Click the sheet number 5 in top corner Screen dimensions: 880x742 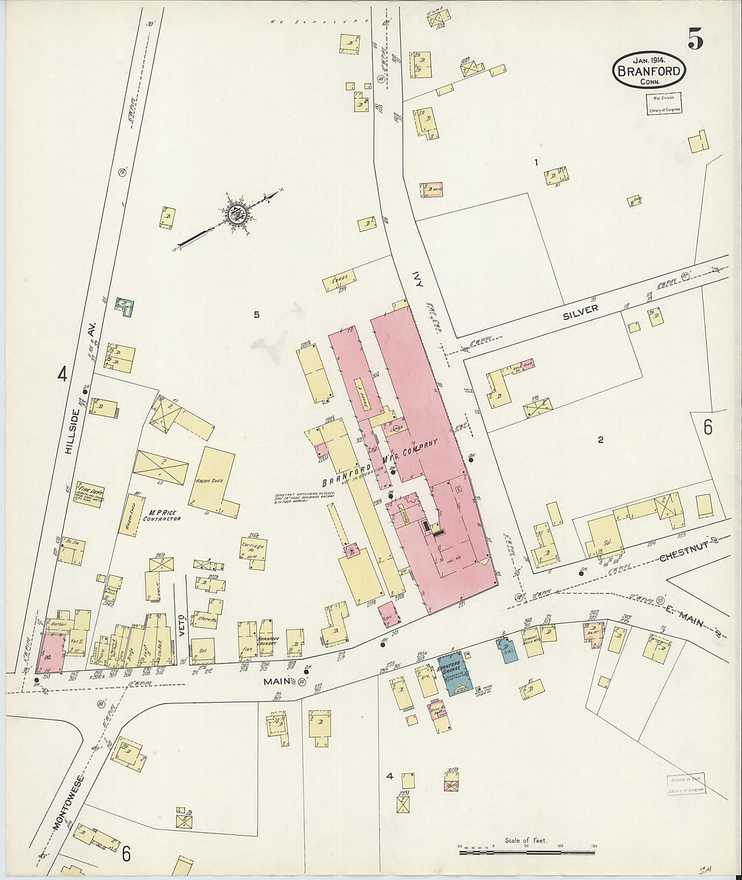pyautogui.click(x=695, y=41)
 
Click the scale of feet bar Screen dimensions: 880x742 pyautogui.click(x=527, y=852)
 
